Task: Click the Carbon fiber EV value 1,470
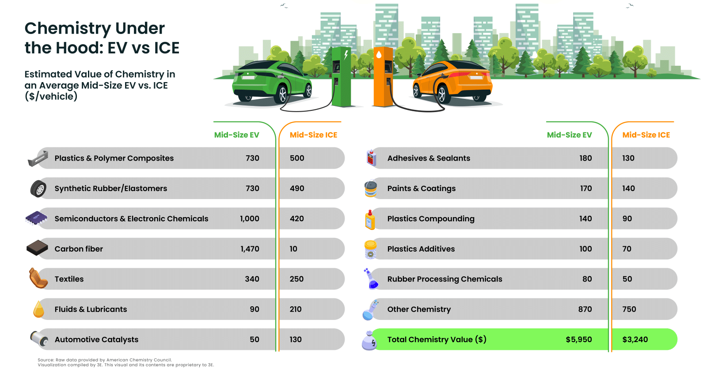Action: (x=250, y=249)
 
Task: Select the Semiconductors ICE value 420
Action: (x=296, y=218)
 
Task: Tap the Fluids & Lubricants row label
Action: (x=91, y=309)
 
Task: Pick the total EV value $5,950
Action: (x=578, y=339)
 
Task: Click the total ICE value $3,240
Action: (x=635, y=339)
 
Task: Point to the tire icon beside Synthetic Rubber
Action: (x=38, y=189)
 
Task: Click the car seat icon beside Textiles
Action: (x=38, y=278)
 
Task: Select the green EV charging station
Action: (x=341, y=77)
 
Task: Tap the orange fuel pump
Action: (x=383, y=77)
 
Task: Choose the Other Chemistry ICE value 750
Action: (x=629, y=309)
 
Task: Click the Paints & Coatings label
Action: (x=421, y=188)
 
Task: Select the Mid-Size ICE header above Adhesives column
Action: (x=646, y=135)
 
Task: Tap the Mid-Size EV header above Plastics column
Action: (x=236, y=135)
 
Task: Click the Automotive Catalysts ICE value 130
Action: (x=296, y=339)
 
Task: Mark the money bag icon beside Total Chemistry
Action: (x=369, y=341)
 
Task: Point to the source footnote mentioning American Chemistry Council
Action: (x=105, y=360)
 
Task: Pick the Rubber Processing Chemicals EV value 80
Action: (x=587, y=279)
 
